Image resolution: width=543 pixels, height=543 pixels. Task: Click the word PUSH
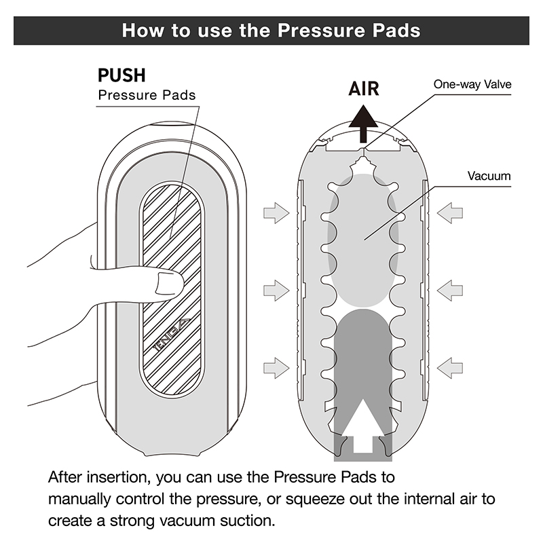(x=122, y=75)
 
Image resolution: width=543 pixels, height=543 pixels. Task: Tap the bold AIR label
(x=364, y=89)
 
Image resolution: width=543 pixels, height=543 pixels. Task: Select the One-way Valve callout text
(x=472, y=84)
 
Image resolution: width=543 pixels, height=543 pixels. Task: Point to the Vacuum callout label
(x=489, y=176)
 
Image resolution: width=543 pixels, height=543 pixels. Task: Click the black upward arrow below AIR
(x=364, y=122)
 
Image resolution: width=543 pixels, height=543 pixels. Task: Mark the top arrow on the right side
(x=450, y=213)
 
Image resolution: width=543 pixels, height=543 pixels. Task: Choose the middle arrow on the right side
(x=450, y=291)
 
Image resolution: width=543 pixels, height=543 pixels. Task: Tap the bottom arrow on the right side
(x=450, y=369)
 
